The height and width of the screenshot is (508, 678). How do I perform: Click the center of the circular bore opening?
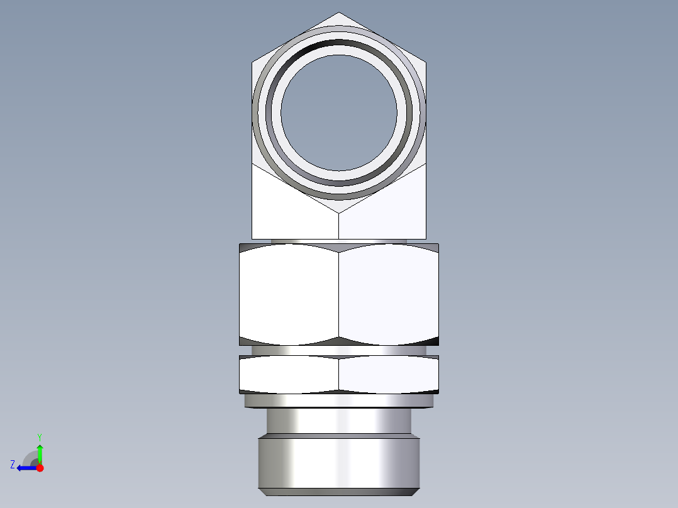click(339, 113)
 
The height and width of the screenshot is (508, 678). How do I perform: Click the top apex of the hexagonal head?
click(339, 13)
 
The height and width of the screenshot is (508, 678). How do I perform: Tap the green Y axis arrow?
click(40, 451)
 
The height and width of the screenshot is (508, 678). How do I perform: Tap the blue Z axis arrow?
click(25, 468)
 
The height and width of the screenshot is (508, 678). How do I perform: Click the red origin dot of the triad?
click(40, 468)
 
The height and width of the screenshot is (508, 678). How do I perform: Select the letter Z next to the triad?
click(13, 465)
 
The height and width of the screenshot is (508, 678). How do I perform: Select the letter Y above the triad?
click(40, 436)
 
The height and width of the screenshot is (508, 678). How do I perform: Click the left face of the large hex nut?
click(289, 294)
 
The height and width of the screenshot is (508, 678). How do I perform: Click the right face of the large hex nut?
click(388, 294)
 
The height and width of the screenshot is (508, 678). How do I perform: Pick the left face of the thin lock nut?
click(289, 374)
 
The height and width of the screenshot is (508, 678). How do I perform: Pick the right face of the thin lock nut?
click(388, 374)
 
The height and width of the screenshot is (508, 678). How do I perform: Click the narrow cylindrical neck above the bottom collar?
click(339, 421)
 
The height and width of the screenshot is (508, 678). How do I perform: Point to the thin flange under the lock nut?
click(339, 400)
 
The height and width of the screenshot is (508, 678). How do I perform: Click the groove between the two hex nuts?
click(339, 351)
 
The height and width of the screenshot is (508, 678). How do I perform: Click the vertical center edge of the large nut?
click(339, 294)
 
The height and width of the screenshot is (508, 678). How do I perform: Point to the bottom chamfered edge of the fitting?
click(339, 492)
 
